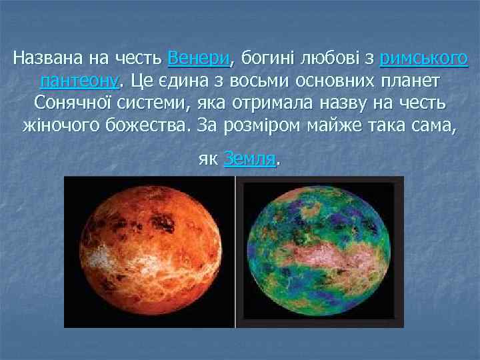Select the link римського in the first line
423,59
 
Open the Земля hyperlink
250,159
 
